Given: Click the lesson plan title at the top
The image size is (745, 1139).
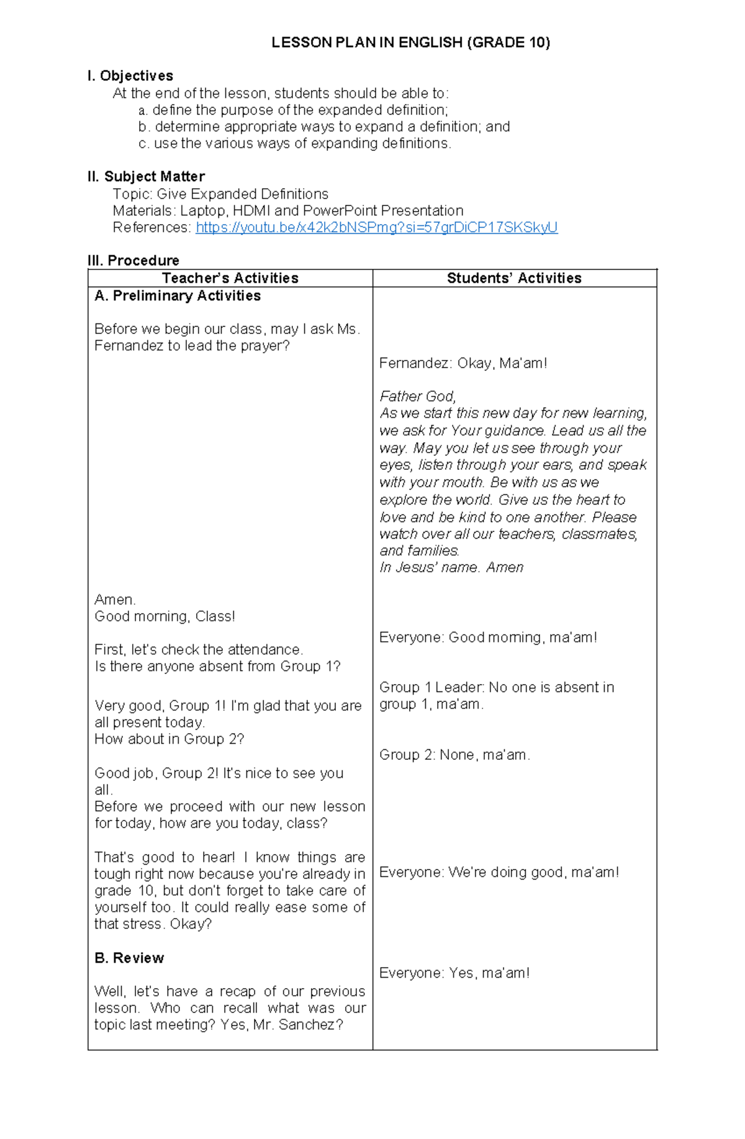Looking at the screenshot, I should pyautogui.click(x=410, y=42).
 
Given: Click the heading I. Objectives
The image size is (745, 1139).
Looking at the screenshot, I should pyautogui.click(x=130, y=76).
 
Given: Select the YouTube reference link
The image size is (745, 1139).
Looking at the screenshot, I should pyautogui.click(x=376, y=227).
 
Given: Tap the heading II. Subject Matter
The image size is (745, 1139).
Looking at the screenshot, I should pyautogui.click(x=146, y=176).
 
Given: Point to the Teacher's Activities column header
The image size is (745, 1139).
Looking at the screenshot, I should pyautogui.click(x=230, y=278).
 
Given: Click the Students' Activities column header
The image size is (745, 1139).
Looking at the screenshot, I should pyautogui.click(x=514, y=278).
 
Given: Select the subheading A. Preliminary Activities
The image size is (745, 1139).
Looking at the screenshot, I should pyautogui.click(x=178, y=296).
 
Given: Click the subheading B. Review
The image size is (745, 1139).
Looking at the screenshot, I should pyautogui.click(x=129, y=958).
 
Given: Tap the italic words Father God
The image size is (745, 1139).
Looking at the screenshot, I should pyautogui.click(x=417, y=396).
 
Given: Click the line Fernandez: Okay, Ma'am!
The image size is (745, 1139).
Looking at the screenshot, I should pyautogui.click(x=463, y=363).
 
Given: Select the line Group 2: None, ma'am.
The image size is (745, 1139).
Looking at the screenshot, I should pyautogui.click(x=454, y=755).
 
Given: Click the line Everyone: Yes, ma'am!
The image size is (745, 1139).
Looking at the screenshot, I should pyautogui.click(x=454, y=973).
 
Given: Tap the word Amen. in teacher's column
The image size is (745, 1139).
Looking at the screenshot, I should pyautogui.click(x=115, y=600).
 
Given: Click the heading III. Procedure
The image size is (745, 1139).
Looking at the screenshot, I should pyautogui.click(x=133, y=260).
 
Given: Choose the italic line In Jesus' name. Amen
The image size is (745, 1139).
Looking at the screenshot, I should pyautogui.click(x=451, y=567).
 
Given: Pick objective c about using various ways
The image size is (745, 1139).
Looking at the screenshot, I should pyautogui.click(x=295, y=143).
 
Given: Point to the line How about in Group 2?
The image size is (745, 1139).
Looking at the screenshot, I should pyautogui.click(x=169, y=739).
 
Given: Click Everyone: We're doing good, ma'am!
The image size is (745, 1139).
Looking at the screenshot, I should pyautogui.click(x=499, y=872).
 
